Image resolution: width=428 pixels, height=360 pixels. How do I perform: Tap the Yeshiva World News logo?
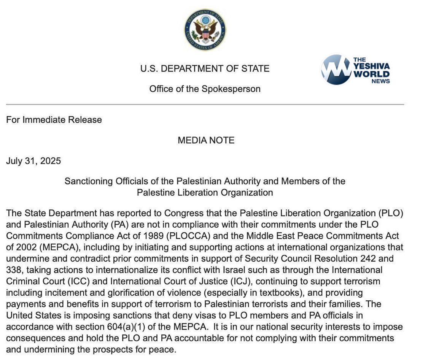pyautogui.click(x=356, y=70)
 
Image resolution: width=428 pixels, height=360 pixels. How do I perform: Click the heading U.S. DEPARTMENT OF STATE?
pyautogui.click(x=205, y=69)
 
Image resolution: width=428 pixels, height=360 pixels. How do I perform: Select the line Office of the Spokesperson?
pyautogui.click(x=205, y=89)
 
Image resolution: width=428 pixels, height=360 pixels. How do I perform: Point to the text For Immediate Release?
pyautogui.click(x=54, y=120)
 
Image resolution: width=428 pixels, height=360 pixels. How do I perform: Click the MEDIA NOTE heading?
pyautogui.click(x=206, y=140)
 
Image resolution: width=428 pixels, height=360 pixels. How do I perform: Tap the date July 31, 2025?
pyautogui.click(x=33, y=161)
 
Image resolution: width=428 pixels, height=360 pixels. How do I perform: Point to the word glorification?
pyautogui.click(x=111, y=293)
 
